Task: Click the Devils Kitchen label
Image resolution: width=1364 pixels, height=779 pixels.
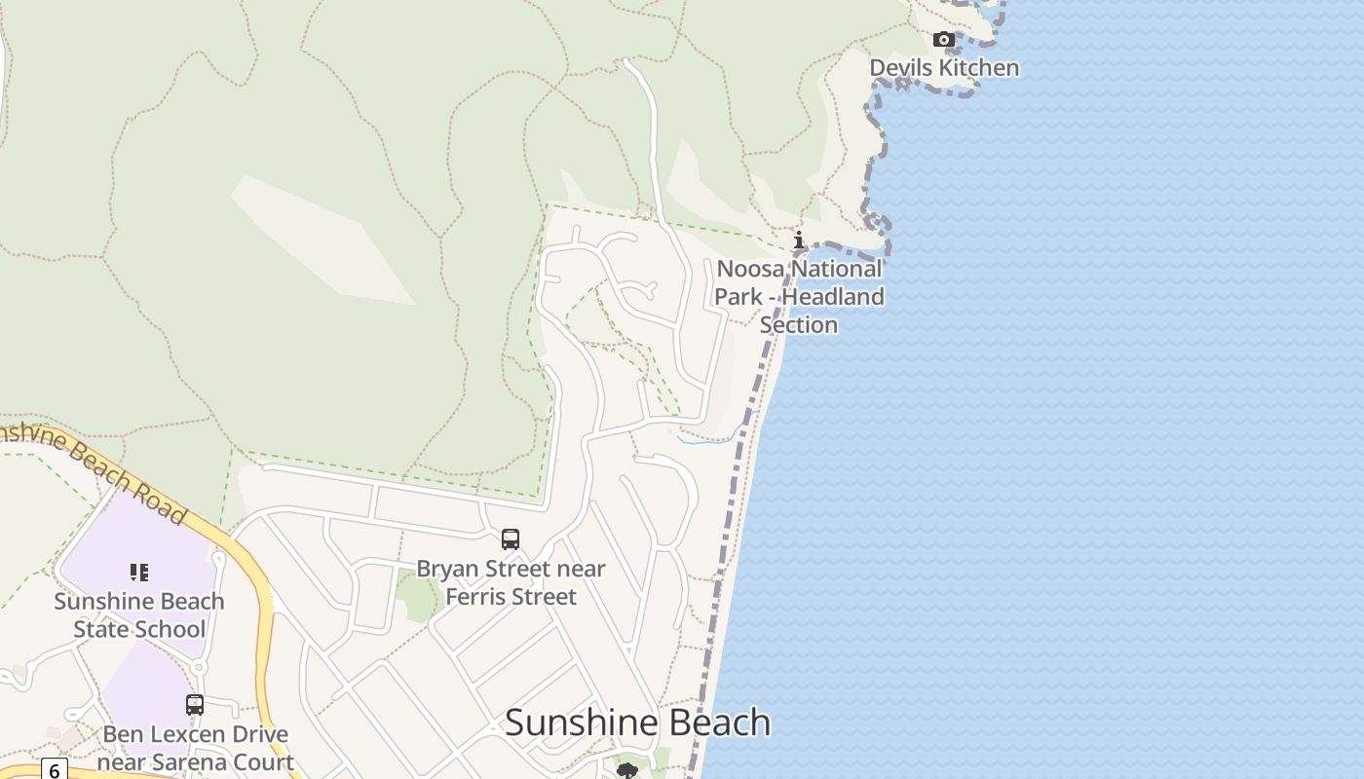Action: [x=944, y=67]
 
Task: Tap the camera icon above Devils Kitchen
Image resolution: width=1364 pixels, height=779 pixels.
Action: [x=943, y=40]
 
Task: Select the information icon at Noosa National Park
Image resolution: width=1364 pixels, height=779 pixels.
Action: [x=798, y=240]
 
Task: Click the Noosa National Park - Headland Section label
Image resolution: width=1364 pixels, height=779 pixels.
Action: [x=799, y=296]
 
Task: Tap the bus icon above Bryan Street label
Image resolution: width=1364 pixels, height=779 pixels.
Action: [x=511, y=538]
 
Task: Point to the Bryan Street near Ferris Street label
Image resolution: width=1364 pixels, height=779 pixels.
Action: [x=511, y=582]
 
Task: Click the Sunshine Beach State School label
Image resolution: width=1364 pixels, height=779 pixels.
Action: [x=139, y=614]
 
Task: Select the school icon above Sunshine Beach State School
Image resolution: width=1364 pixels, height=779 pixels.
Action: [x=139, y=573]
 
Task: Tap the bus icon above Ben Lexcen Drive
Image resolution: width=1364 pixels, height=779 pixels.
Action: [x=195, y=704]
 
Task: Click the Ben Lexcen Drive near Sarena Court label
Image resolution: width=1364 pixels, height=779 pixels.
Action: [x=195, y=747]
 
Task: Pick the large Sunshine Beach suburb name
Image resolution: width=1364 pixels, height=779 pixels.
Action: [x=637, y=723]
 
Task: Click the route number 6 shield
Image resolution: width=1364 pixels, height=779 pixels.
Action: [x=54, y=770]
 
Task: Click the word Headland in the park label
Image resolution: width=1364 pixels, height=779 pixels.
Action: [x=833, y=296]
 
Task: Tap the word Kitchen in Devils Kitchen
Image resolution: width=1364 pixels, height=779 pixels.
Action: [x=977, y=67]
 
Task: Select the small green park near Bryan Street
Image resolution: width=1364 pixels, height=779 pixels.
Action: [x=419, y=596]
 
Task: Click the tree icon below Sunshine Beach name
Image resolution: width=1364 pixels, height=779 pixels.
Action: [x=627, y=771]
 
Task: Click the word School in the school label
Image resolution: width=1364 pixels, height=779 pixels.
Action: [x=171, y=629]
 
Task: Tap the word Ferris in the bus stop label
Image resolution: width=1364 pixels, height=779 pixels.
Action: [x=475, y=596]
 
